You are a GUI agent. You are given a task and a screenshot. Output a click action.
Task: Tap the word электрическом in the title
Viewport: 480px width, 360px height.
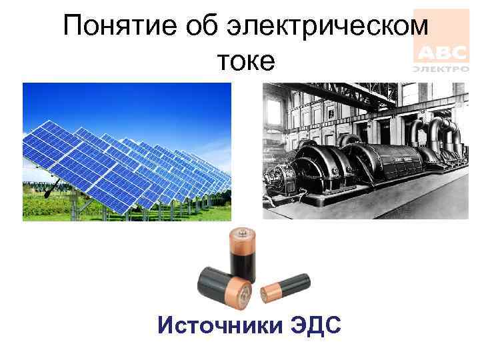[x=331, y=27]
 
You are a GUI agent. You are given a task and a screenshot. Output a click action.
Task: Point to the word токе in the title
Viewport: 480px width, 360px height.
[x=245, y=61]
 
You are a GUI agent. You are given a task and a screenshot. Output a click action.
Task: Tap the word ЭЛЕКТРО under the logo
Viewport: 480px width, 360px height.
[x=441, y=69]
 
